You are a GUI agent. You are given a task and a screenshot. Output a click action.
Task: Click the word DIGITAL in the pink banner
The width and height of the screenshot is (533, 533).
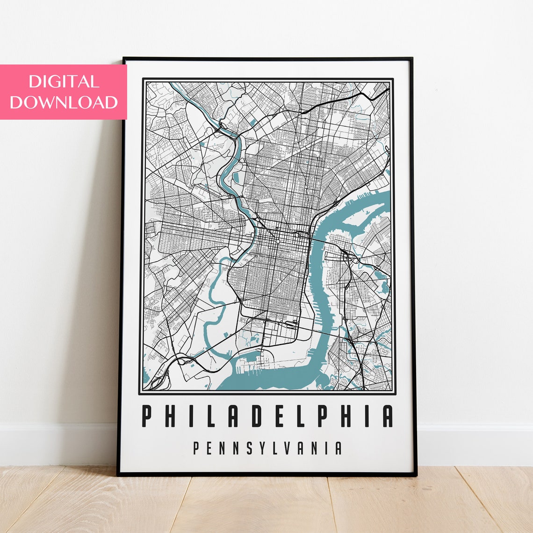(x=64, y=82)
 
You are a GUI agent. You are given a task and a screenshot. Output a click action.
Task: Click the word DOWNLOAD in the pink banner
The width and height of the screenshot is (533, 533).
(x=64, y=102)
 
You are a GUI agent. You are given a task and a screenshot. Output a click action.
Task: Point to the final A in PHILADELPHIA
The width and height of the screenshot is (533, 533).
(x=388, y=416)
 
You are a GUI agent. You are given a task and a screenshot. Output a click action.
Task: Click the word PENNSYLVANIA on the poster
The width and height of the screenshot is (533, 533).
(x=267, y=448)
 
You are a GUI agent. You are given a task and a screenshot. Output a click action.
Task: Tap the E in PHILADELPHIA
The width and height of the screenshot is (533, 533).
(x=279, y=416)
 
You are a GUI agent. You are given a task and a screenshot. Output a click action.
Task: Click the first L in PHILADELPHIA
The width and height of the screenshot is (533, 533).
(x=207, y=416)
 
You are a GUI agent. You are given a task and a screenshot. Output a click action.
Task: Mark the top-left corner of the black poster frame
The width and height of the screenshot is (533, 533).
(x=124, y=59)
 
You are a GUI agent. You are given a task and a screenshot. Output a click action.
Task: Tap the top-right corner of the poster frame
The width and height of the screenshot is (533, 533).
(x=411, y=59)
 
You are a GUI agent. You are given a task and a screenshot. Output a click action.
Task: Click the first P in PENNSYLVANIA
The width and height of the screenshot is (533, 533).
(x=197, y=448)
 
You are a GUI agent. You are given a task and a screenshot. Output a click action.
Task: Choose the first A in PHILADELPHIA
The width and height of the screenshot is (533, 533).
(x=231, y=416)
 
